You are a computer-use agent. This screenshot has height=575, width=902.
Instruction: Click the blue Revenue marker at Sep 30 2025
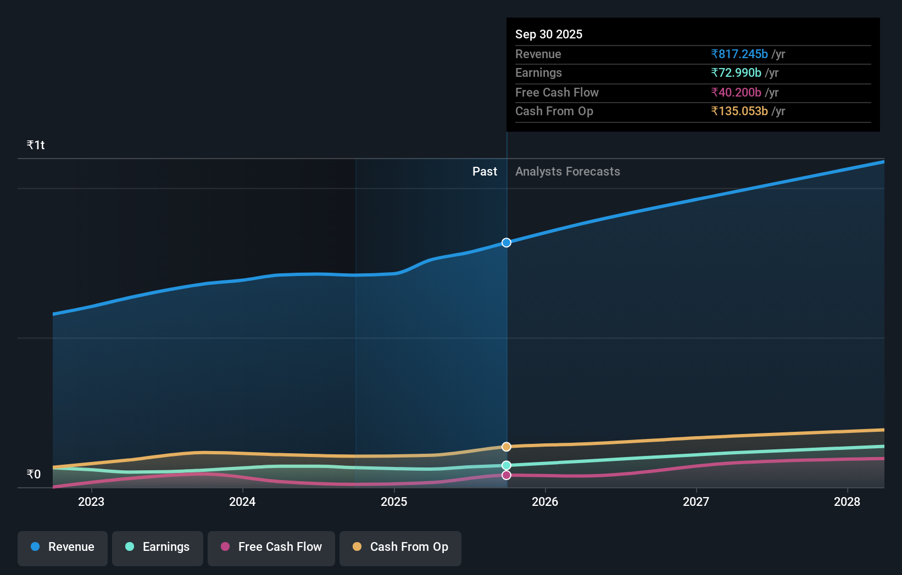click(x=506, y=243)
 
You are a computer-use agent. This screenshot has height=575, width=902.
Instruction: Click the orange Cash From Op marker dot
click(x=506, y=447)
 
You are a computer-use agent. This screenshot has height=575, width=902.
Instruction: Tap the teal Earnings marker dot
click(x=506, y=465)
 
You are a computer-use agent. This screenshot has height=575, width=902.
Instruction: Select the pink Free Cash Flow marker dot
click(x=506, y=475)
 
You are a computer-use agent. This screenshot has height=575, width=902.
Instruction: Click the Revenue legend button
click(x=63, y=548)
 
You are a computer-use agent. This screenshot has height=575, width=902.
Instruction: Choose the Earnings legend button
click(x=158, y=548)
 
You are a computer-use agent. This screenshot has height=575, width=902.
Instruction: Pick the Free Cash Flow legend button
click(x=271, y=548)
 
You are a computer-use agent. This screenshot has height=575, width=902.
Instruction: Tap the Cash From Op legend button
click(x=400, y=548)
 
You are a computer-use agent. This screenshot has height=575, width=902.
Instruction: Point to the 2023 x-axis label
click(x=91, y=501)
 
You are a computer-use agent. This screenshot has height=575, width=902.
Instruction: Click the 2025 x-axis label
click(x=394, y=501)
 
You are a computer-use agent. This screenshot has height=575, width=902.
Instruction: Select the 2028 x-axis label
click(x=847, y=501)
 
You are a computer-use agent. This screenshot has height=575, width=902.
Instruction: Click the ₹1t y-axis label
click(x=36, y=145)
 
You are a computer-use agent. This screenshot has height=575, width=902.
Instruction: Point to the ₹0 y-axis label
click(x=34, y=474)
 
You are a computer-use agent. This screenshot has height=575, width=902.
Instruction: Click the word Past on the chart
click(x=485, y=171)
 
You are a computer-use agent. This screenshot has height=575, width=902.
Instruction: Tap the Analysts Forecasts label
click(x=567, y=171)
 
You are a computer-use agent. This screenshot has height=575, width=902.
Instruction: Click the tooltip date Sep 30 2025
click(x=549, y=34)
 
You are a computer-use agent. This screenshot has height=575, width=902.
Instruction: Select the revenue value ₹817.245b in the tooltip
click(x=739, y=54)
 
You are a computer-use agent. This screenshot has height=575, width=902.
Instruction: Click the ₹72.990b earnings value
click(x=736, y=72)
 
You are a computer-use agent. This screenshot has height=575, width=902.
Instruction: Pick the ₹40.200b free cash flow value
click(x=736, y=92)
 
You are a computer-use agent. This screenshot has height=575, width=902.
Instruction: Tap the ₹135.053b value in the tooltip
click(x=739, y=111)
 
